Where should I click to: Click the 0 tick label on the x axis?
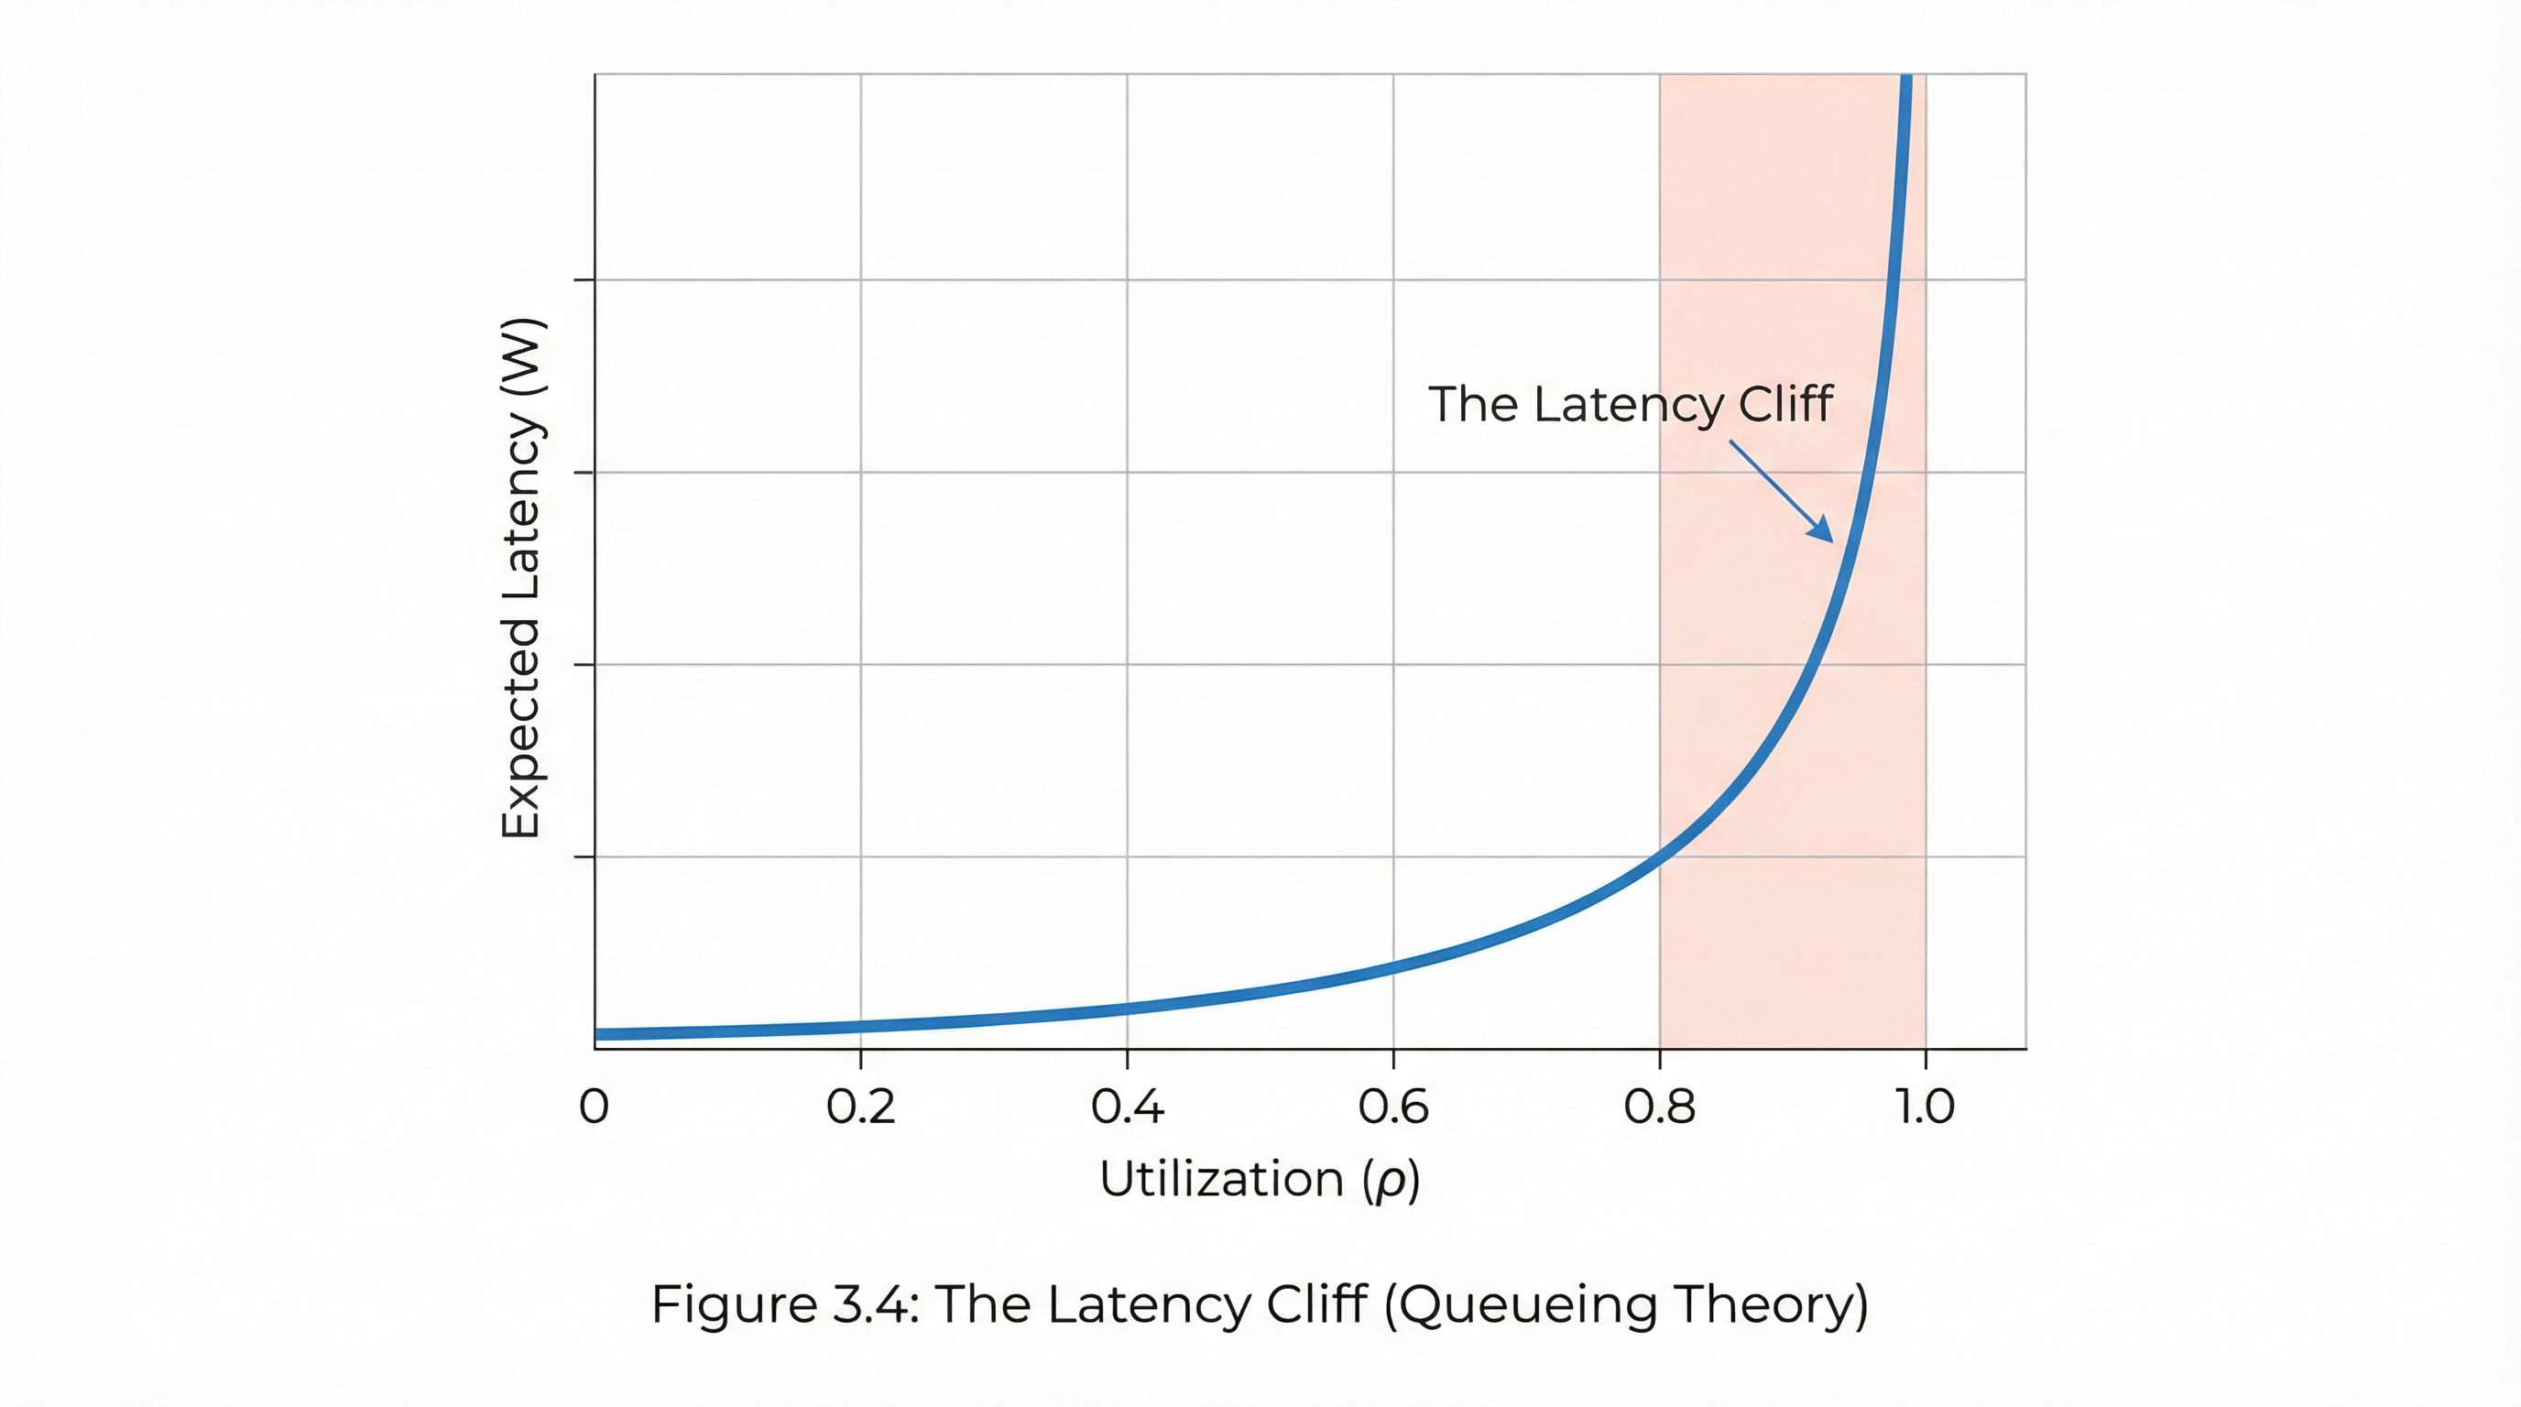594,1107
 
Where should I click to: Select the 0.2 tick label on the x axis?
860,1107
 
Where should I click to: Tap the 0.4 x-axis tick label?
1128,1107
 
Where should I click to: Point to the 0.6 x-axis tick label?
1393,1107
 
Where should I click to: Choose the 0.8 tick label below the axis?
1660,1107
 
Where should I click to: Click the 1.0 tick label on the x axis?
1925,1107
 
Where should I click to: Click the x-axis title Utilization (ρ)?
1260,1179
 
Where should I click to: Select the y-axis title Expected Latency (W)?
520,577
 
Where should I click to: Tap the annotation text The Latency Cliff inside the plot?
1631,404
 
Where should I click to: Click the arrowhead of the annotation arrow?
1825,534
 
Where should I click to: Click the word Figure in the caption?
734,1304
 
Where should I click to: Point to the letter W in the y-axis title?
520,364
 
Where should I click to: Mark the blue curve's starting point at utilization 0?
596,1034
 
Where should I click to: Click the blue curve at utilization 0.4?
1128,1009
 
